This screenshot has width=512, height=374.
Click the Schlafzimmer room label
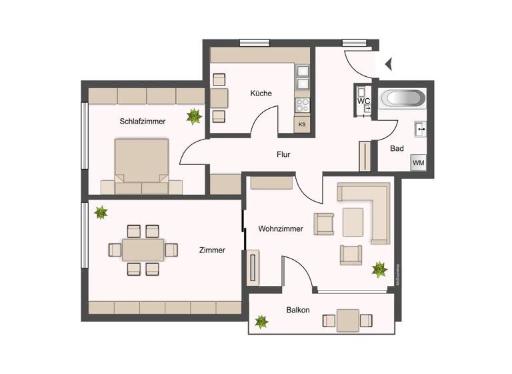(x=143, y=122)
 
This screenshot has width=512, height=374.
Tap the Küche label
(x=261, y=93)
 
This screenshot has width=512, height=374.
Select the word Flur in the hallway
(x=283, y=154)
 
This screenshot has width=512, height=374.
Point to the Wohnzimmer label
(x=281, y=228)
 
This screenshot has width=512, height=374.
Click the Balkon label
(x=297, y=310)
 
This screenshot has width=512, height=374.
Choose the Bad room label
(x=397, y=148)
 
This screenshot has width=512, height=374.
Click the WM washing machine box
(x=419, y=162)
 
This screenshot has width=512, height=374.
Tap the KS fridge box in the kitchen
(x=302, y=124)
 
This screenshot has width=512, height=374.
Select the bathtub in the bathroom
(x=402, y=99)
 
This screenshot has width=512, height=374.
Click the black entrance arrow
(x=389, y=64)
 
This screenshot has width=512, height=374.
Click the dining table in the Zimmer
(x=143, y=250)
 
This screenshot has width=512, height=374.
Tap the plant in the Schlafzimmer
(x=194, y=117)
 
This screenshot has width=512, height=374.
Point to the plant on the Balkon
(x=261, y=322)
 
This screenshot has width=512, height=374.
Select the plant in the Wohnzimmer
(x=379, y=269)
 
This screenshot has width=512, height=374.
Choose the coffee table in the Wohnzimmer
(x=353, y=222)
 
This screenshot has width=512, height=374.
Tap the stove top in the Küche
(x=302, y=105)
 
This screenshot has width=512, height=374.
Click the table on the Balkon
(x=347, y=321)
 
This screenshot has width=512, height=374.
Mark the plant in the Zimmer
(x=101, y=212)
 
